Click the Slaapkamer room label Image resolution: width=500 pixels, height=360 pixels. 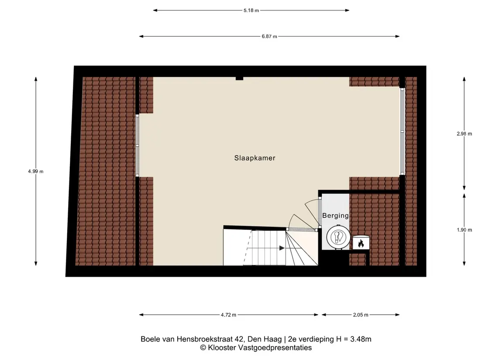point(255,158)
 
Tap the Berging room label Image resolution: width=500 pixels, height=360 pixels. point(335,216)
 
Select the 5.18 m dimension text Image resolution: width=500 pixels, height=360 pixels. point(251,10)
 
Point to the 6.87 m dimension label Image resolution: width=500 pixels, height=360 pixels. point(269,36)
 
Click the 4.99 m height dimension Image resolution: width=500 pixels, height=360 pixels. point(36,171)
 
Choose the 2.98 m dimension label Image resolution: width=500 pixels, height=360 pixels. point(464,134)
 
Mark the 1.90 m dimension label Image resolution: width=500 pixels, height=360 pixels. point(464,230)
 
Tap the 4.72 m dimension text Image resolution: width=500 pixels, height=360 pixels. point(229,315)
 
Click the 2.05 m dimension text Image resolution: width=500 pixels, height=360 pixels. point(361,315)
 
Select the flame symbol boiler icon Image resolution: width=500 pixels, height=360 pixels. point(361,243)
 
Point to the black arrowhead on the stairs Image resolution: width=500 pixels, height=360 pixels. point(282,248)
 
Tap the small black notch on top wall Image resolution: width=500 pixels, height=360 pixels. point(239,79)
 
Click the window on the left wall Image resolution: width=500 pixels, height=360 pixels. point(138,146)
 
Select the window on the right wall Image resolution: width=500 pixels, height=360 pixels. point(403,131)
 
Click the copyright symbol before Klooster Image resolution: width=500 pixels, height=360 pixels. point(203,348)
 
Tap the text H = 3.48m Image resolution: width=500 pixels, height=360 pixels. point(354,339)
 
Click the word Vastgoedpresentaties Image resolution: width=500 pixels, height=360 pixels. point(275,348)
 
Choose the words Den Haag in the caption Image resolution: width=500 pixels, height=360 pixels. point(265,339)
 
